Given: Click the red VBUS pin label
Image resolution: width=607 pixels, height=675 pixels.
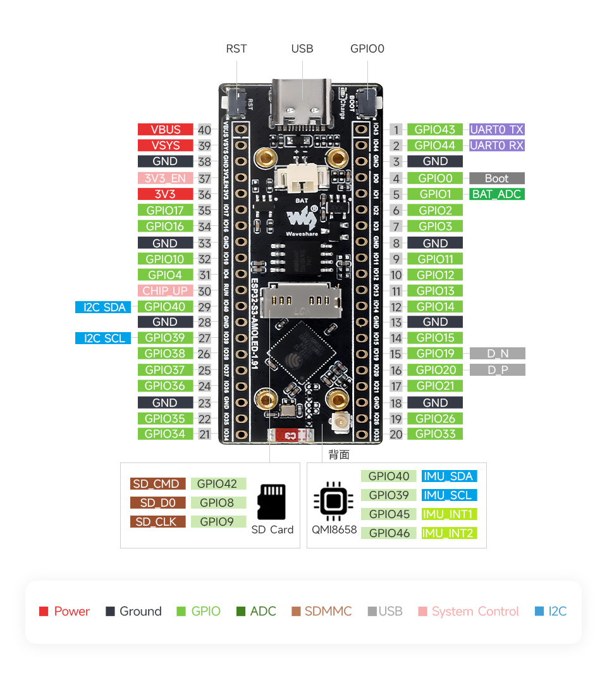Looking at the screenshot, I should coord(166,130).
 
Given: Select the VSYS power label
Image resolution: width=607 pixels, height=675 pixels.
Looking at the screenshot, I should coord(166,146).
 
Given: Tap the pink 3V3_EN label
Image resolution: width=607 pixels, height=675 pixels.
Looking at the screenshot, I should coord(166,178).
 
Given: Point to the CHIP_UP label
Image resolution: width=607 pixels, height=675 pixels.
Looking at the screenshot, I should coord(166,291).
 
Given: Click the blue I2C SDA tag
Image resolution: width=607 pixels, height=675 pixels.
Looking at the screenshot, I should coord(103,307).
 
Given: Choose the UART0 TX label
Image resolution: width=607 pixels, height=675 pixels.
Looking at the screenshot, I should coord(497,130).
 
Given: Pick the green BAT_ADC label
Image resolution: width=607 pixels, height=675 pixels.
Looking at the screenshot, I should coord(497,194).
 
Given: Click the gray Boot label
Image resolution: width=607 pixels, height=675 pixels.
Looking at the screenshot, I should coord(497,178).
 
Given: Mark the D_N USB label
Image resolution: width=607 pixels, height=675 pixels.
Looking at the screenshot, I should coord(498,354).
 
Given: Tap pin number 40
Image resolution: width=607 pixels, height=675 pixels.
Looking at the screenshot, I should coord(204,130).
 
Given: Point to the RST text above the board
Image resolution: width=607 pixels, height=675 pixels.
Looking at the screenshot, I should coord(236,49).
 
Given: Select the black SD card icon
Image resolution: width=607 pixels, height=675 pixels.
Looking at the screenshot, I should coord(272,502).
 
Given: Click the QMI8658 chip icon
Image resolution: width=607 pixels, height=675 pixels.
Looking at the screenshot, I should coord(333,502).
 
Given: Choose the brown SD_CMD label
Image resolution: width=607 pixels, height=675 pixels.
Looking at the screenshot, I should coord(158,484).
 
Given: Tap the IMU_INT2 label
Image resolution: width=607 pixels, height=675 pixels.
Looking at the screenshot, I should coord(449,533).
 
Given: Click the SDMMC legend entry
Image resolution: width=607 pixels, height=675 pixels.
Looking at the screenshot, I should coord(321,611).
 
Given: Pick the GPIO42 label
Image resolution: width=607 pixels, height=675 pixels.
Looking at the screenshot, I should coord(217,484).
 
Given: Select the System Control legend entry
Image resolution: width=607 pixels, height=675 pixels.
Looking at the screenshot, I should coord(469,611).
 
